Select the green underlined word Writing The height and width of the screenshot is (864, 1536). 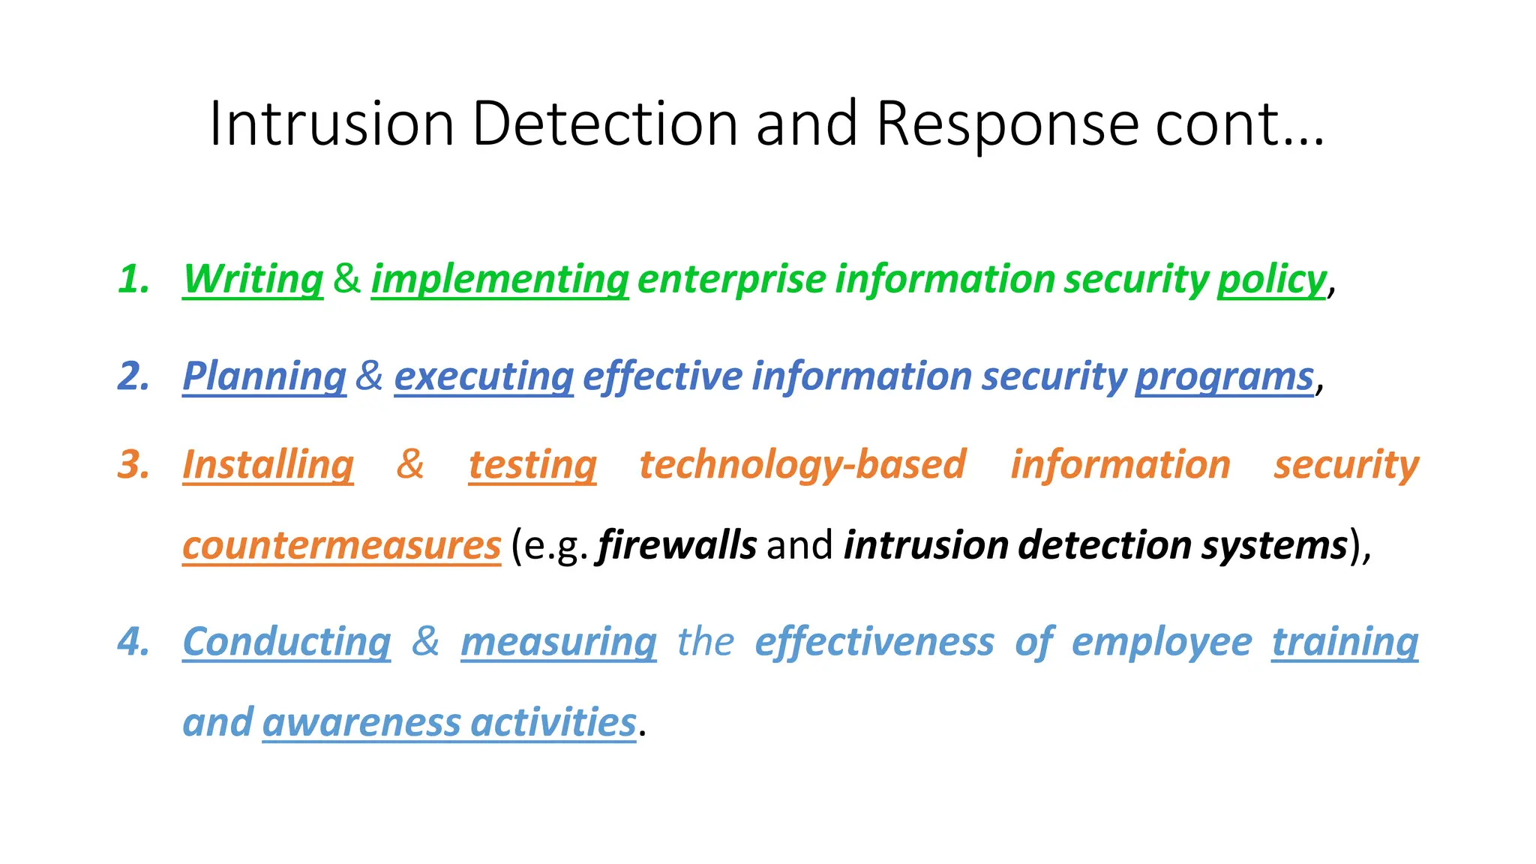[x=253, y=279]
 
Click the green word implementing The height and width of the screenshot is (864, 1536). [x=499, y=279]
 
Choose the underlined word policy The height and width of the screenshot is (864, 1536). [x=1271, y=279]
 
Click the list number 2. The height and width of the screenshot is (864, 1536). [x=133, y=376]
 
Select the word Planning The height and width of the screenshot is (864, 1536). [x=264, y=376]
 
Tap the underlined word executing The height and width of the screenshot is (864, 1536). [x=484, y=376]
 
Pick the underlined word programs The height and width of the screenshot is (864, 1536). [x=1224, y=376]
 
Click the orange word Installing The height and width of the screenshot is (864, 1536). [x=268, y=464]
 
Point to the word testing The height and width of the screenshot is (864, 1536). [x=532, y=464]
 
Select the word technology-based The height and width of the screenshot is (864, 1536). [x=802, y=464]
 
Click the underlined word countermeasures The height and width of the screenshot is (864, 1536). [x=341, y=545]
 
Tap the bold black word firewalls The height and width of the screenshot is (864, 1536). [x=676, y=545]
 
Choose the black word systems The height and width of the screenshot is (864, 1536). [x=1274, y=545]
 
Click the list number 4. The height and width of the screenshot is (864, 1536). [x=133, y=642]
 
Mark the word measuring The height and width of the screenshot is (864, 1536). [x=559, y=642]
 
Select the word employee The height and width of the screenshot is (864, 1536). [x=1162, y=642]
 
